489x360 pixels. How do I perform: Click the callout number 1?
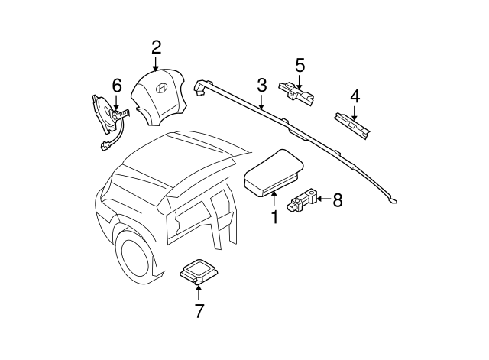(274, 218)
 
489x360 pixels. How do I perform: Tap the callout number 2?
(156, 47)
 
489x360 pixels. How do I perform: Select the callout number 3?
(261, 85)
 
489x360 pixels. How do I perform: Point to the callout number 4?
(355, 96)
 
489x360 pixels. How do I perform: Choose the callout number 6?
(116, 86)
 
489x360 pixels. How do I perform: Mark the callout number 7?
(199, 310)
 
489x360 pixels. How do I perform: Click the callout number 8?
(337, 200)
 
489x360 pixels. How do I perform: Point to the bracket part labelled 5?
(297, 92)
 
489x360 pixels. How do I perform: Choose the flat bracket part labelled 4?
(353, 125)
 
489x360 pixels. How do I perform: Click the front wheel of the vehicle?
(136, 255)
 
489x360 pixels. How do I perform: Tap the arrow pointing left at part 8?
(322, 200)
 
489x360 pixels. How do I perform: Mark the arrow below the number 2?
(156, 66)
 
